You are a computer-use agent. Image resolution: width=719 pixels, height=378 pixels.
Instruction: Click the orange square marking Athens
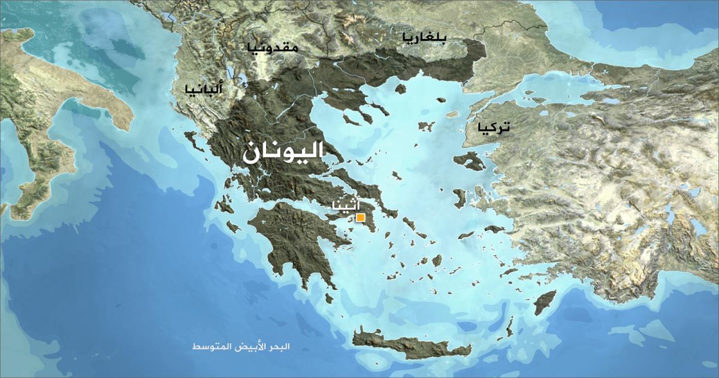(360, 218)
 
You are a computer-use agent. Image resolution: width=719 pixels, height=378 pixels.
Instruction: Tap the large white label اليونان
(282, 152)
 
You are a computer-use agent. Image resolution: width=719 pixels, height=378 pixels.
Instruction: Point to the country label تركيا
(494, 127)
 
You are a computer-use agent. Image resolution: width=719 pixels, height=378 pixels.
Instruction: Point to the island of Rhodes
(545, 302)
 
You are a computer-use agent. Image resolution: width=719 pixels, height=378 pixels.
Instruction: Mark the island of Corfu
(193, 140)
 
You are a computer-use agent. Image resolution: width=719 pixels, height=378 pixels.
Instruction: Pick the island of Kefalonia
(224, 206)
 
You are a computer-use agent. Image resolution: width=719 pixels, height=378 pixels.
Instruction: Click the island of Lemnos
(426, 126)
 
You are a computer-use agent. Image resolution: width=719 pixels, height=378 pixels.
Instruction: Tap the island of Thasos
(400, 89)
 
